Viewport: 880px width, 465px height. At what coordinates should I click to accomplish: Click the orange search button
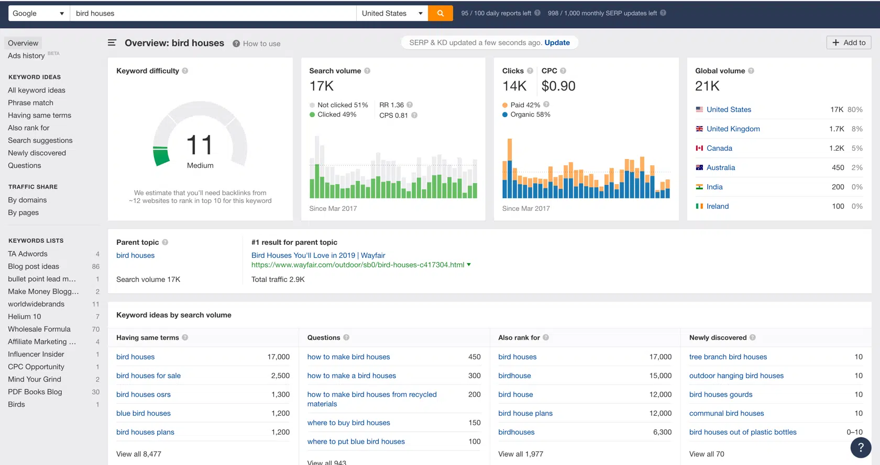pos(440,13)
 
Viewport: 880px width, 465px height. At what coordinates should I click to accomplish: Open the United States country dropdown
pos(392,13)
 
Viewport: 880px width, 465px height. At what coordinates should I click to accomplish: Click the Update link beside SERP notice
pos(557,42)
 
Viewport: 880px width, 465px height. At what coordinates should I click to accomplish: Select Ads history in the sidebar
pos(26,55)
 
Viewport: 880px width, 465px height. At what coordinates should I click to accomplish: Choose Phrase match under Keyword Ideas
pos(30,103)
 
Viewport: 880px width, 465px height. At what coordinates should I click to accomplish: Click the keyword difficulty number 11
pos(200,145)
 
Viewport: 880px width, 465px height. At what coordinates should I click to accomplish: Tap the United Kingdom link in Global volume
pos(733,129)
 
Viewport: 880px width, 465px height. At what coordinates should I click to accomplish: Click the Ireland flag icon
pos(699,206)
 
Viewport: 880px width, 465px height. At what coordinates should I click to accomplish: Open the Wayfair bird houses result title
pos(318,255)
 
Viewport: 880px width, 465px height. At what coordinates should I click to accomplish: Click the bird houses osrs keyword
pos(144,394)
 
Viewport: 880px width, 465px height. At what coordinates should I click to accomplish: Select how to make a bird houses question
pos(351,376)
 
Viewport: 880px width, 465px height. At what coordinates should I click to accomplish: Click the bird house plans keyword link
pos(525,413)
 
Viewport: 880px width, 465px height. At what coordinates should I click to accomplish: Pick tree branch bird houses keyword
pos(728,357)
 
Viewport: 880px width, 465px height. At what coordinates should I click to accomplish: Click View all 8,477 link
pos(139,454)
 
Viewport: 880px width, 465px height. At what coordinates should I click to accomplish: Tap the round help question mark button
pos(861,447)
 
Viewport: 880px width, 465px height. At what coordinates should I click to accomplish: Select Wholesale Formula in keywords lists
pos(39,329)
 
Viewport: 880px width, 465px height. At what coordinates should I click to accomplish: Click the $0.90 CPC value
pos(558,86)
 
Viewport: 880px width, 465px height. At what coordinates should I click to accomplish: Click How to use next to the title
pos(261,43)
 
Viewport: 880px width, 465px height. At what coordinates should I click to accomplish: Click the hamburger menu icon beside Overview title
pos(112,43)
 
